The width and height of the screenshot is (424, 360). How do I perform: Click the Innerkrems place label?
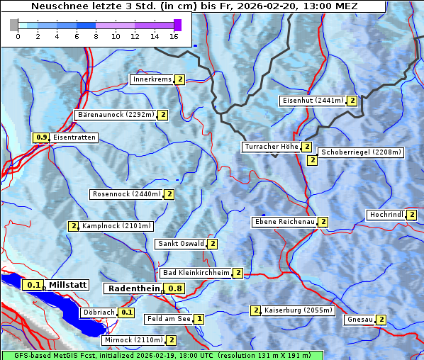point(152,79)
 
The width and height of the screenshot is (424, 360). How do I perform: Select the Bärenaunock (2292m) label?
point(116,115)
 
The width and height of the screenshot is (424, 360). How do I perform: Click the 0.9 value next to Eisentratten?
point(41,137)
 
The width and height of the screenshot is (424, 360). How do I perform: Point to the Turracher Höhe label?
point(270,147)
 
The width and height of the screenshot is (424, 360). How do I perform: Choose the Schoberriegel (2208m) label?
point(361,152)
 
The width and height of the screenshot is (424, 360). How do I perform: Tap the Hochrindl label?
point(386,215)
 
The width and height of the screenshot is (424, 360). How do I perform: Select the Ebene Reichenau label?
point(284,222)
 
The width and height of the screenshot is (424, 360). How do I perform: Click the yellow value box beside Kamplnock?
point(73,226)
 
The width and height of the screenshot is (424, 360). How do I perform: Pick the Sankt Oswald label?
point(180,244)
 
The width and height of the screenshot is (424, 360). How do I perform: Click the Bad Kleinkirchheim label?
point(196,273)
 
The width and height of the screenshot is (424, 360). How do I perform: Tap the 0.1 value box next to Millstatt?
point(33,285)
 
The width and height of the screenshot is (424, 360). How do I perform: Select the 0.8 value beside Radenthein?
point(175,288)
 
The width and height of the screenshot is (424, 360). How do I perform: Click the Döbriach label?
point(98,312)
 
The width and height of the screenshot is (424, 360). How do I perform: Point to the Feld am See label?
point(169,319)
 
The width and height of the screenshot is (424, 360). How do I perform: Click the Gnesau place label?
point(359,320)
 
